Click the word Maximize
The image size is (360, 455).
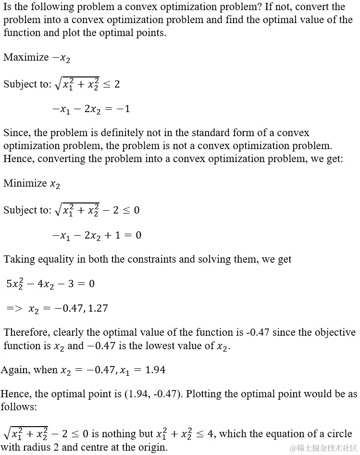(x=26, y=57)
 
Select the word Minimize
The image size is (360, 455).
(x=25, y=183)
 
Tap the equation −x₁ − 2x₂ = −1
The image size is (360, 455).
(x=91, y=109)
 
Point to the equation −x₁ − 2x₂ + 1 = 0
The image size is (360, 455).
(x=97, y=236)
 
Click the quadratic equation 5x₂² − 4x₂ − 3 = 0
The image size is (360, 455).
(x=50, y=284)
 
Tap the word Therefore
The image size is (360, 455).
(x=26, y=332)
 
